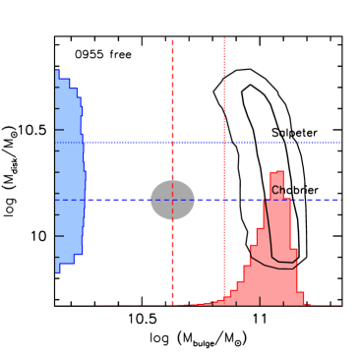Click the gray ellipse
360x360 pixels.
pyautogui.click(x=172, y=200)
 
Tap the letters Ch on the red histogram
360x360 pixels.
pyautogui.click(x=278, y=191)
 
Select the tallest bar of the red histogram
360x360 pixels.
pyautogui.click(x=276, y=236)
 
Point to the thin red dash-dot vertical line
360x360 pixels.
pyautogui.click(x=224, y=98)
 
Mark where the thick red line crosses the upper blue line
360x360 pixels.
pyautogui.click(x=172, y=143)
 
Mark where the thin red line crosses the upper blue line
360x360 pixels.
pyautogui.click(x=224, y=143)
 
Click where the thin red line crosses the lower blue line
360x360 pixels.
pyautogui.click(x=224, y=200)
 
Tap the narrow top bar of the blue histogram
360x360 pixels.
pyautogui.click(x=57, y=74)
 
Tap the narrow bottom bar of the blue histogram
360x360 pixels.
pyautogui.click(x=57, y=268)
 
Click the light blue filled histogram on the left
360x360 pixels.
pyautogui.click(x=69, y=177)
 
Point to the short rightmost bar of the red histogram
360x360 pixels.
pyautogui.click(x=300, y=298)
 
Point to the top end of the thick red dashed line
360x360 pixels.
pyautogui.click(x=172, y=40)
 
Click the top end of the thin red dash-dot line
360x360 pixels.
pyautogui.click(x=224, y=38)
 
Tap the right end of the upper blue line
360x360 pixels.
pyautogui.click(x=340, y=143)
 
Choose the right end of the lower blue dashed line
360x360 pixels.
pyautogui.click(x=340, y=200)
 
